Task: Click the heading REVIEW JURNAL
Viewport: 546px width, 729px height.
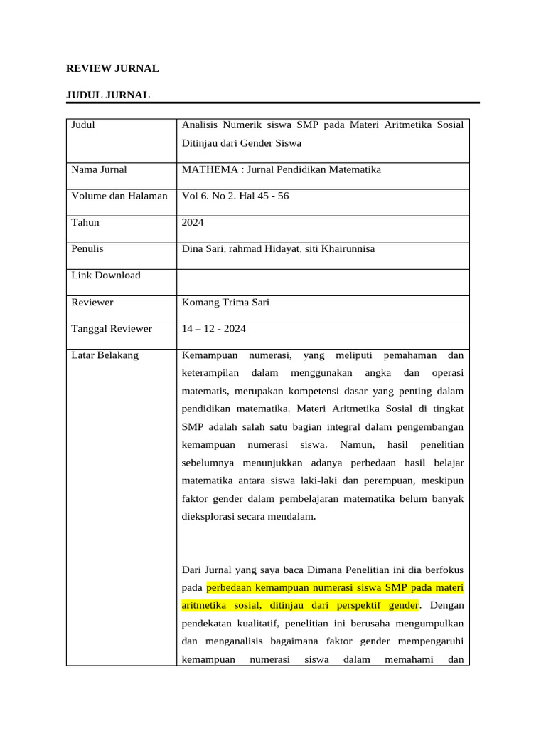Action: (x=112, y=69)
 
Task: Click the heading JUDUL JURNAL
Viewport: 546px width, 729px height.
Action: (x=108, y=95)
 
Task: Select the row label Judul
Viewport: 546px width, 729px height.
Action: (x=83, y=125)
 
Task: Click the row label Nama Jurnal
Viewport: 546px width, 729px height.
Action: (x=100, y=169)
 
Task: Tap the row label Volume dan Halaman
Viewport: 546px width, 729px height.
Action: (x=119, y=196)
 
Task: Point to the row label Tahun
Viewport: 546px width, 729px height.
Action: (x=85, y=222)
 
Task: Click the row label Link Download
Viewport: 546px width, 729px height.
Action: (x=106, y=276)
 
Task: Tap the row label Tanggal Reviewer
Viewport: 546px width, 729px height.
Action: (x=112, y=329)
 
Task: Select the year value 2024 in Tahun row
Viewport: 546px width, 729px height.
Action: (x=193, y=222)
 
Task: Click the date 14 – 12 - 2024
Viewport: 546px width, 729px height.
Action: (x=214, y=329)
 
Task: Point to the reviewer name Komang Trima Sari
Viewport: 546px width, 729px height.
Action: (x=226, y=303)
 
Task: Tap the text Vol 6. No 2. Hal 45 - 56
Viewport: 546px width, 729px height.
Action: (x=235, y=196)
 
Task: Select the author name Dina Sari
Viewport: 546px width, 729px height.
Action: (x=203, y=249)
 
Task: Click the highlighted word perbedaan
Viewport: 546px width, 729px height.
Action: (x=230, y=588)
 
